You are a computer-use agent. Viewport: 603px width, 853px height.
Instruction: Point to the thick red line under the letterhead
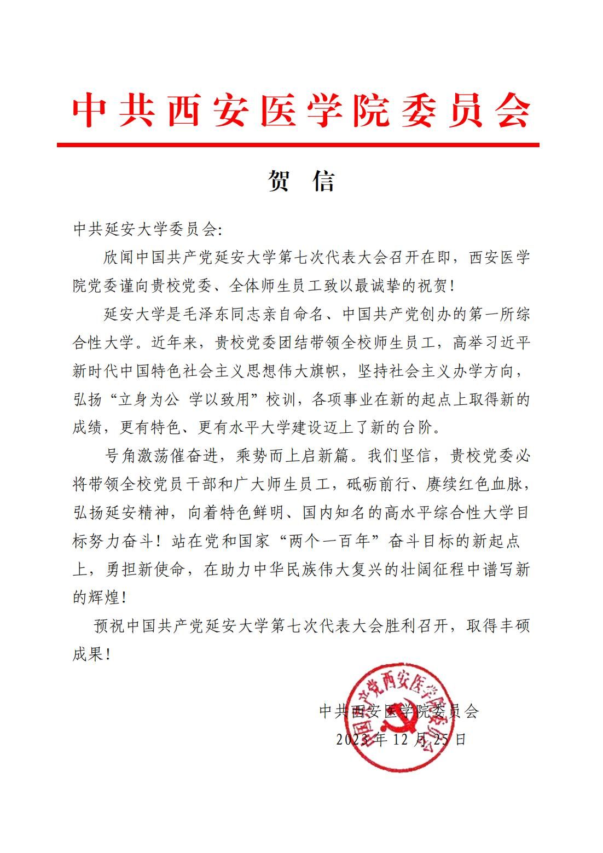point(298,145)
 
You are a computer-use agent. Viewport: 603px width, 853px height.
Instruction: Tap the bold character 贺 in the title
point(279,181)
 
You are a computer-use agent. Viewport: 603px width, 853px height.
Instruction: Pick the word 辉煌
point(103,599)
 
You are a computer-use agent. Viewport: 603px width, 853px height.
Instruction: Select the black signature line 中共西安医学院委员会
point(398,711)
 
